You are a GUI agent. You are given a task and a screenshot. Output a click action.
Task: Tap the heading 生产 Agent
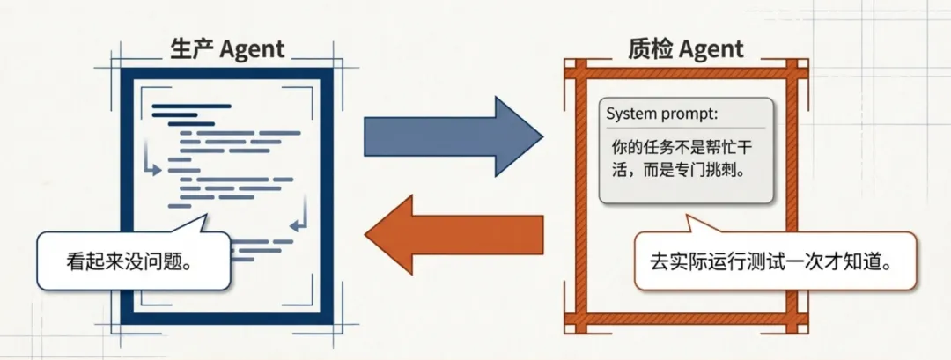coord(228,49)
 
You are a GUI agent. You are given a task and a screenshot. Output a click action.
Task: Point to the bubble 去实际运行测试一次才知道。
coord(773,261)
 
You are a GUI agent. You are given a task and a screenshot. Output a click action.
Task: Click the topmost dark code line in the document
coord(191,106)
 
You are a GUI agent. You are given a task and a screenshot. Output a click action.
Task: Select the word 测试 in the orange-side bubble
coord(778,262)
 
